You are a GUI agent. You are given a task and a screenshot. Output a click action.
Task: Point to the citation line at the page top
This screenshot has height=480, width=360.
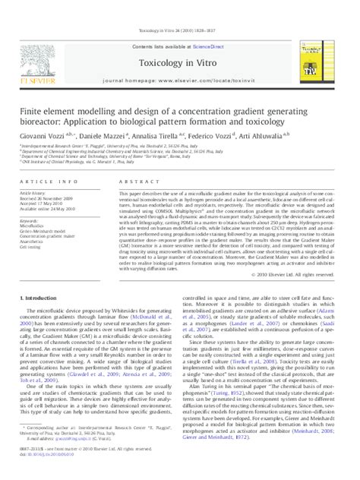[180, 9]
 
